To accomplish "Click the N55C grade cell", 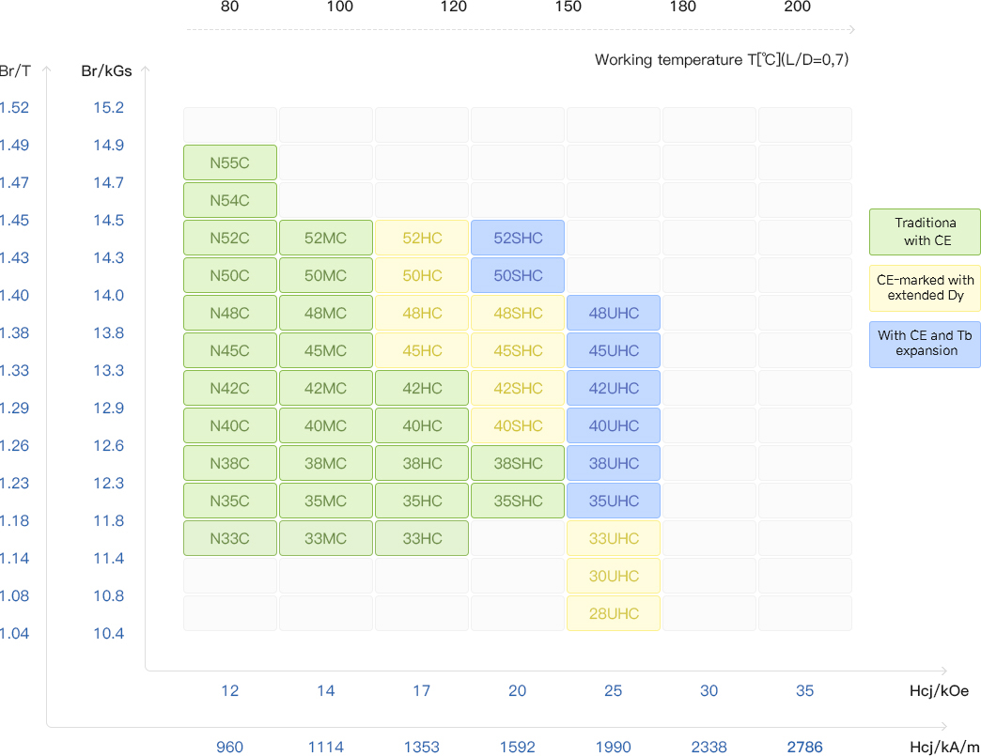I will pos(230,162).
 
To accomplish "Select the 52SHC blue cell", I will pos(518,238).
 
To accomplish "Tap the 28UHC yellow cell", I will pos(614,613).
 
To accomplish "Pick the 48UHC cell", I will pos(614,313).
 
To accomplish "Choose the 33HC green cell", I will pos(422,538).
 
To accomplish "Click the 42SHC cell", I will pos(518,388).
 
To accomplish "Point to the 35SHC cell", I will pos(518,501).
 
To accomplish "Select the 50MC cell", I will pos(326,275).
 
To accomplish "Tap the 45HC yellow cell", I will pos(422,350).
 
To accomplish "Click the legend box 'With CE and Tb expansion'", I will pos(925,344).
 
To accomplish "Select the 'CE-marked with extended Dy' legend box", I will pos(925,287).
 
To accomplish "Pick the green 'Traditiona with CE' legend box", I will pos(925,232).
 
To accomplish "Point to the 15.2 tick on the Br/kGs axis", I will pos(108,107).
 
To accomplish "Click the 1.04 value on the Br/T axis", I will pos(14,633).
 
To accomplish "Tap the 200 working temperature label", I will pos(797,8).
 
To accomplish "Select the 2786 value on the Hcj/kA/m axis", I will pos(804,748).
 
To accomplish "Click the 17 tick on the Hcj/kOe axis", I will pos(421,691).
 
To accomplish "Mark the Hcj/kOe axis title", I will pos(939,691).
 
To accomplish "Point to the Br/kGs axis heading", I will pos(106,70).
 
